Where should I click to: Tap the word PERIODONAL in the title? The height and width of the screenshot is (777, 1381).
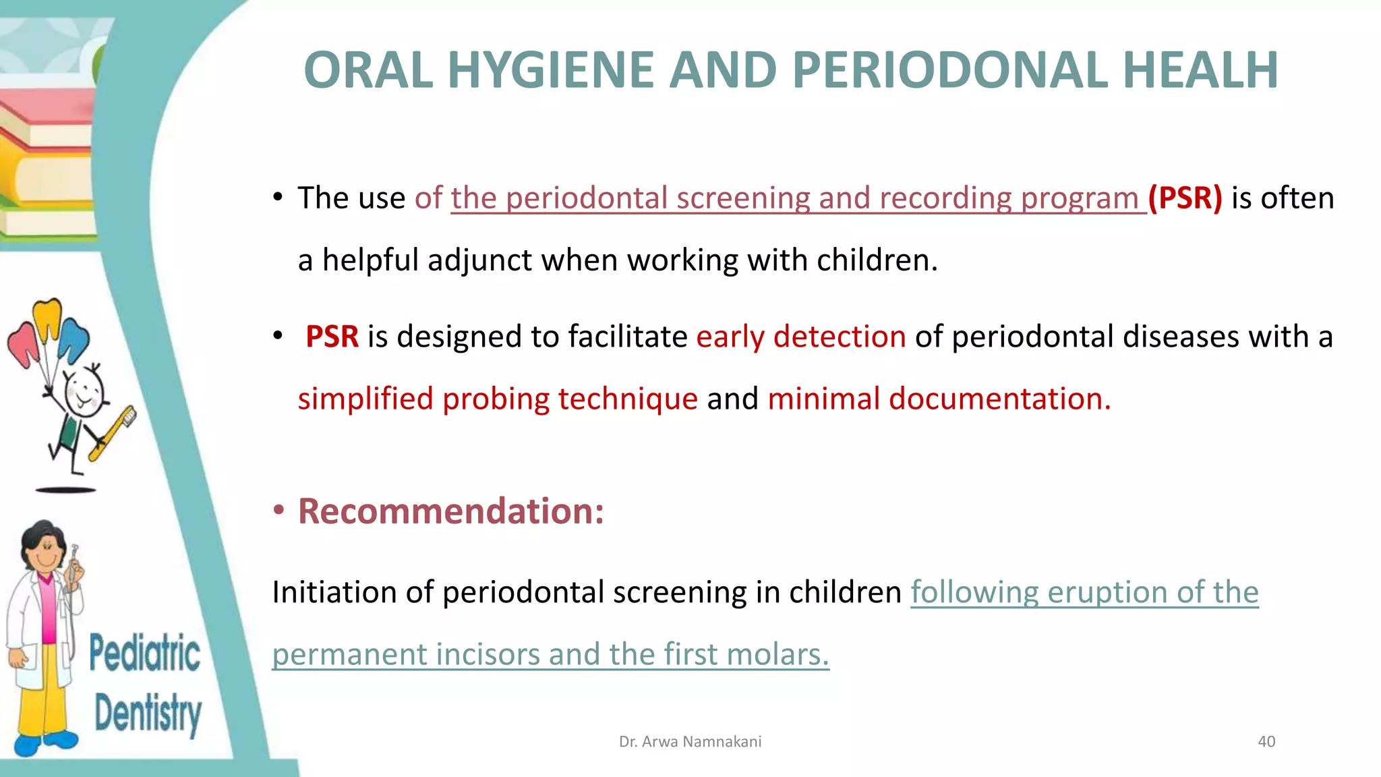949,70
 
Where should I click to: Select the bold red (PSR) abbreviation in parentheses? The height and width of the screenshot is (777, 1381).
1185,198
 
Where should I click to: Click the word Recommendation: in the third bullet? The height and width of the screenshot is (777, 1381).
450,511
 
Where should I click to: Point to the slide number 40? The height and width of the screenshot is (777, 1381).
1266,741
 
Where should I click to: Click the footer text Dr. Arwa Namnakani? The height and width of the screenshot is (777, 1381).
690,741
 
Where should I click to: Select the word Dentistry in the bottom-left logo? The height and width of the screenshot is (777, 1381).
148,714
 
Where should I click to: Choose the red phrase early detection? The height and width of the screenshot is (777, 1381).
800,337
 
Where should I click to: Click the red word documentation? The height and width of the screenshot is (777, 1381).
997,399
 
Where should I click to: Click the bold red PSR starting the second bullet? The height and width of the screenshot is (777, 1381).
331,337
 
